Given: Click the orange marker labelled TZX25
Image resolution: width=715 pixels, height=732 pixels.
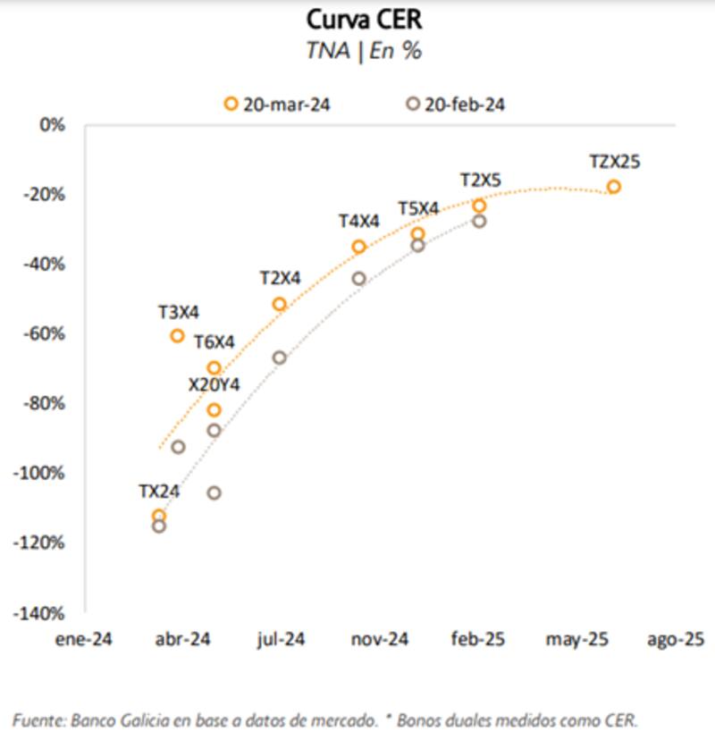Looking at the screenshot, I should tap(613, 187).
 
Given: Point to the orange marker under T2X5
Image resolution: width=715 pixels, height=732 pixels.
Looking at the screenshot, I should tap(479, 206).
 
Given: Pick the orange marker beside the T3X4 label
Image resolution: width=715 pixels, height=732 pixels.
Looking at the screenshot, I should tap(177, 336).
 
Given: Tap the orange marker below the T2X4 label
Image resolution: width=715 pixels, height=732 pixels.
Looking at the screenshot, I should tap(279, 305).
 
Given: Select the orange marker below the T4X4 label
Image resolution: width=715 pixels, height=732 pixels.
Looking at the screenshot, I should tap(359, 247).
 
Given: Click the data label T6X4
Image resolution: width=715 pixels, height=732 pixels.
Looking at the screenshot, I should tap(214, 341).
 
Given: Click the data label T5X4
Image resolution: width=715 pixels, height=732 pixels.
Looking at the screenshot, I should tap(418, 209).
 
